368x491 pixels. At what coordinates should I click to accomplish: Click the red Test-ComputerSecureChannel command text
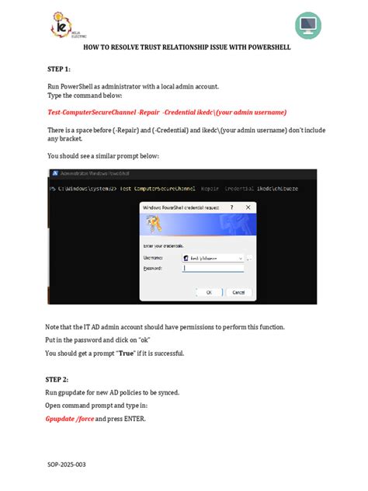pos(101,112)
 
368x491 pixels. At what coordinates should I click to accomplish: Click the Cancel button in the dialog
pos(238,292)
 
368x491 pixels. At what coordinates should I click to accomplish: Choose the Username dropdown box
pos(213,256)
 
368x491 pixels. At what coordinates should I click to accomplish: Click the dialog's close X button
pos(248,208)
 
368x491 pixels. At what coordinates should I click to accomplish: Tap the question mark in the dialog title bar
pos(231,208)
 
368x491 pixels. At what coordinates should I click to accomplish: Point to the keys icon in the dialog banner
pos(155,226)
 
